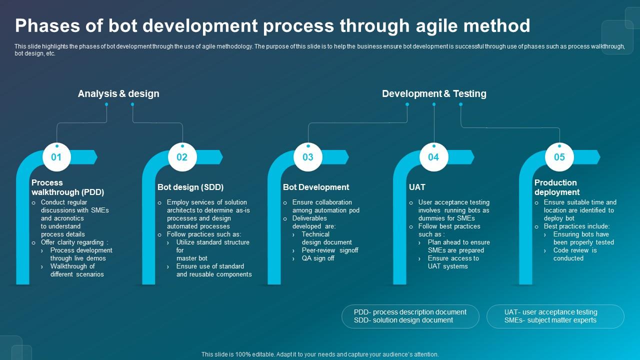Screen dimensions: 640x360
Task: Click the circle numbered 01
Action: tap(56, 157)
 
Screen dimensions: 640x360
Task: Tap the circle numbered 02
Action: tap(182, 157)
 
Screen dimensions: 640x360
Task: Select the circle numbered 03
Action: tap(308, 157)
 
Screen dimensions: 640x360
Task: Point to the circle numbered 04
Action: tap(433, 157)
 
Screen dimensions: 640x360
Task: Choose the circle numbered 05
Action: tap(559, 157)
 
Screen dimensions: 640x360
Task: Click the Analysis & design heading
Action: tap(118, 93)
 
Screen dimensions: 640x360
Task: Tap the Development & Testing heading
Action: tap(434, 93)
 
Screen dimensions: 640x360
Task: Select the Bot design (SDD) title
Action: tap(190, 187)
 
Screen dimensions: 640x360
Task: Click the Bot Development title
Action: tap(316, 187)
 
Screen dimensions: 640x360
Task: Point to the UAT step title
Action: tap(417, 187)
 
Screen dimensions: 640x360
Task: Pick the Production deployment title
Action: tap(557, 187)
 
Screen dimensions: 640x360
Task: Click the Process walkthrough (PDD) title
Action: tap(67, 187)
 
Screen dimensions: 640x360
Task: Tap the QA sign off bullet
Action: tap(318, 258)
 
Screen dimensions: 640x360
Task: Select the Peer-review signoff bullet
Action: tap(330, 250)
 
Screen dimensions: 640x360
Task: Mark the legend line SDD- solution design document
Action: tap(403, 320)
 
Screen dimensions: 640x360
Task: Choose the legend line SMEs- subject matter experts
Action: tap(550, 320)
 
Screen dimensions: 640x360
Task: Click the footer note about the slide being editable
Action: tap(320, 354)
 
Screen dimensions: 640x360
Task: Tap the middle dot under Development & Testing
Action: tap(434, 104)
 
